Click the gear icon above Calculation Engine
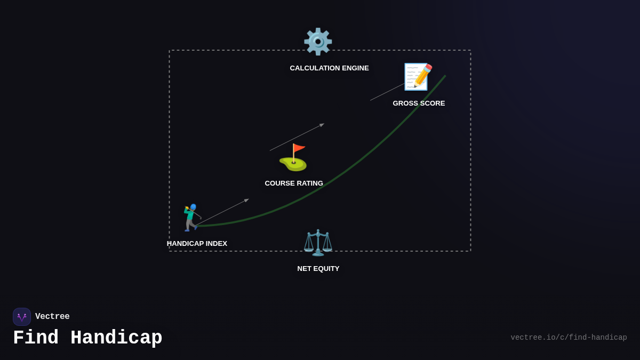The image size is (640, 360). point(318,42)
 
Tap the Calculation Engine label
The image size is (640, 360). point(329,68)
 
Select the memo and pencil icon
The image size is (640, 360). point(418,77)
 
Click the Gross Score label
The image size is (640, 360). point(419,103)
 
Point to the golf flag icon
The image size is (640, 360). point(293,157)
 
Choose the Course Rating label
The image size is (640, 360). point(294,183)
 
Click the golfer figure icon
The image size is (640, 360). point(191,218)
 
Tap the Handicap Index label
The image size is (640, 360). point(197,244)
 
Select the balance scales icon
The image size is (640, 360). point(318,243)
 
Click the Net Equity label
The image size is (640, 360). point(318,269)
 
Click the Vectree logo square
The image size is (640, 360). point(22,317)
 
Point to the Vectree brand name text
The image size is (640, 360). point(52,317)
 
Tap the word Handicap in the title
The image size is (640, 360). point(116,338)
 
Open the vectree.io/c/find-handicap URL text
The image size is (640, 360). point(569,338)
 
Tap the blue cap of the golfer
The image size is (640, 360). point(193,207)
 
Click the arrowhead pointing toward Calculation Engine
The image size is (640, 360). point(322,125)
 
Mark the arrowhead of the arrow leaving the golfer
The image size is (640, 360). point(246,201)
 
